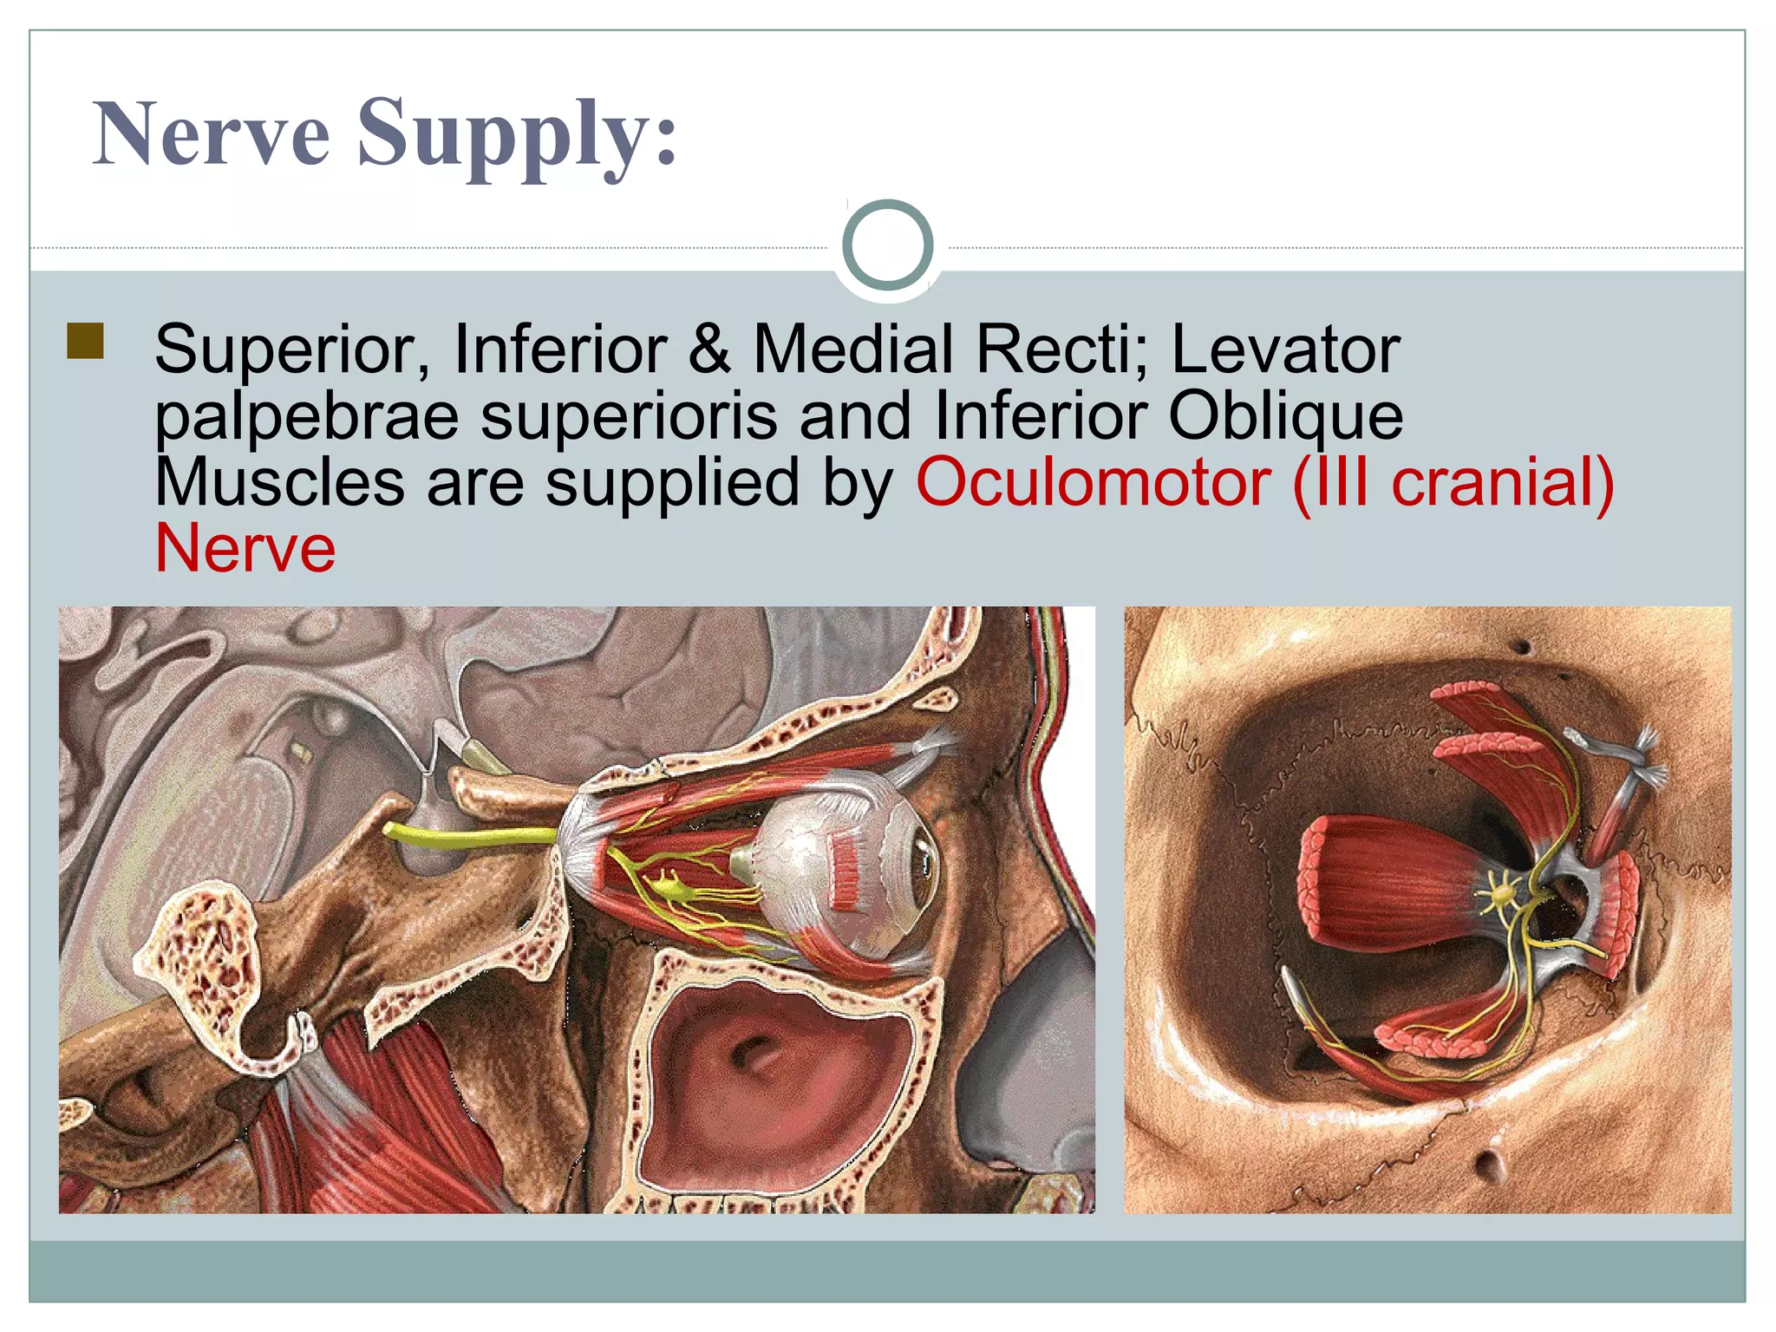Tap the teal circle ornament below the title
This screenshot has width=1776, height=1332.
(x=887, y=245)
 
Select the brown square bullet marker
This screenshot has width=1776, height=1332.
(x=85, y=341)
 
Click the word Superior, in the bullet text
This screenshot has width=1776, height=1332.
(x=292, y=349)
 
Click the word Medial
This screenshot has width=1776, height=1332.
(x=853, y=349)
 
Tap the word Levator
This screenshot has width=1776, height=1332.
(x=1285, y=349)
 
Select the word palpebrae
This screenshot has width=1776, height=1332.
(x=306, y=418)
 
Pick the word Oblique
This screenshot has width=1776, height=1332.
(x=1285, y=418)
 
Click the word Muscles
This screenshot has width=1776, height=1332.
(x=279, y=483)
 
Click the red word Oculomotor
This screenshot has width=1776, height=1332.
(x=1093, y=483)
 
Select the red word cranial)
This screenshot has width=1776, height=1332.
(x=1502, y=483)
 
